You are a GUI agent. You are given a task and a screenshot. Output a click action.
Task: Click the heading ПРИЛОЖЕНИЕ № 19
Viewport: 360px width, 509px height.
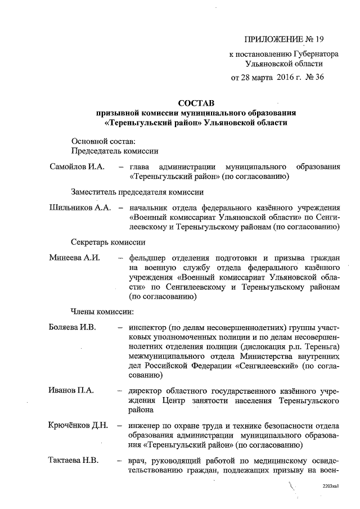285,39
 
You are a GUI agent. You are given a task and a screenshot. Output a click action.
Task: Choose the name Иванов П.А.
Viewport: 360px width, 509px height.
71,390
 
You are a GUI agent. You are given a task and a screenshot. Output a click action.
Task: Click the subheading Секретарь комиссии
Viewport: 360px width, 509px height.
108,242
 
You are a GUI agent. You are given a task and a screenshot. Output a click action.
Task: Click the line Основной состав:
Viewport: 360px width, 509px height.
100,141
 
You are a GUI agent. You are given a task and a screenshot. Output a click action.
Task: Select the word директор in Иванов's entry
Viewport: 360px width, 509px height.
147,390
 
